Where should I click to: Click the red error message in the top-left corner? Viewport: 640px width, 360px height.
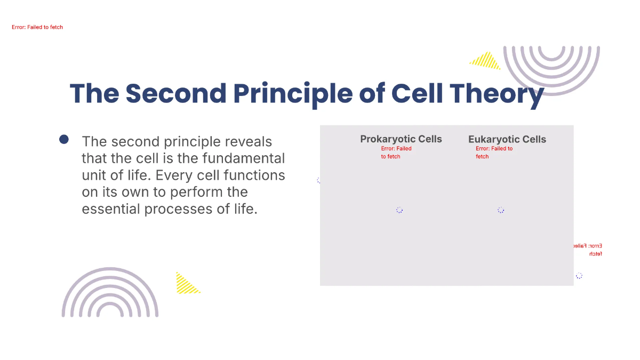[37, 27]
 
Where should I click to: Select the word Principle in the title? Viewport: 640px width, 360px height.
[292, 93]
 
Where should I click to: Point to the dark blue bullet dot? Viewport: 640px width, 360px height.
[64, 140]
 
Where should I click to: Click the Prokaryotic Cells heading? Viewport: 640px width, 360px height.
[401, 139]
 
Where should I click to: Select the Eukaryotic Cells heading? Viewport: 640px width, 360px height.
[507, 140]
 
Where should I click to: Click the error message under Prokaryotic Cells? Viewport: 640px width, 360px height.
[396, 153]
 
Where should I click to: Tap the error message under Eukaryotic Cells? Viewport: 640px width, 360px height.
[494, 153]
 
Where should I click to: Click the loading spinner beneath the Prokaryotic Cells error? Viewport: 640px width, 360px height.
[399, 210]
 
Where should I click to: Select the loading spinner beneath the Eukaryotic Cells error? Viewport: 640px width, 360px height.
[501, 210]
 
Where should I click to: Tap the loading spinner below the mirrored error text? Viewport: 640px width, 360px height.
[579, 276]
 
